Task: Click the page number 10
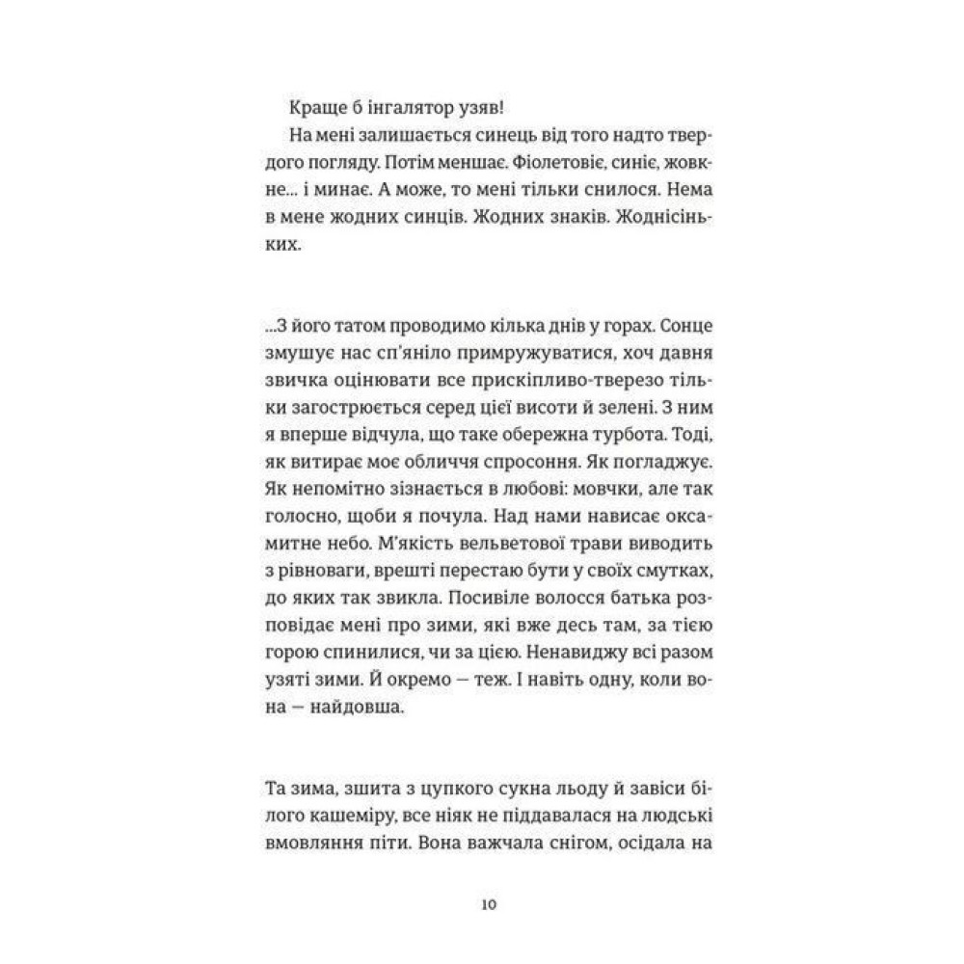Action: click(488, 906)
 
